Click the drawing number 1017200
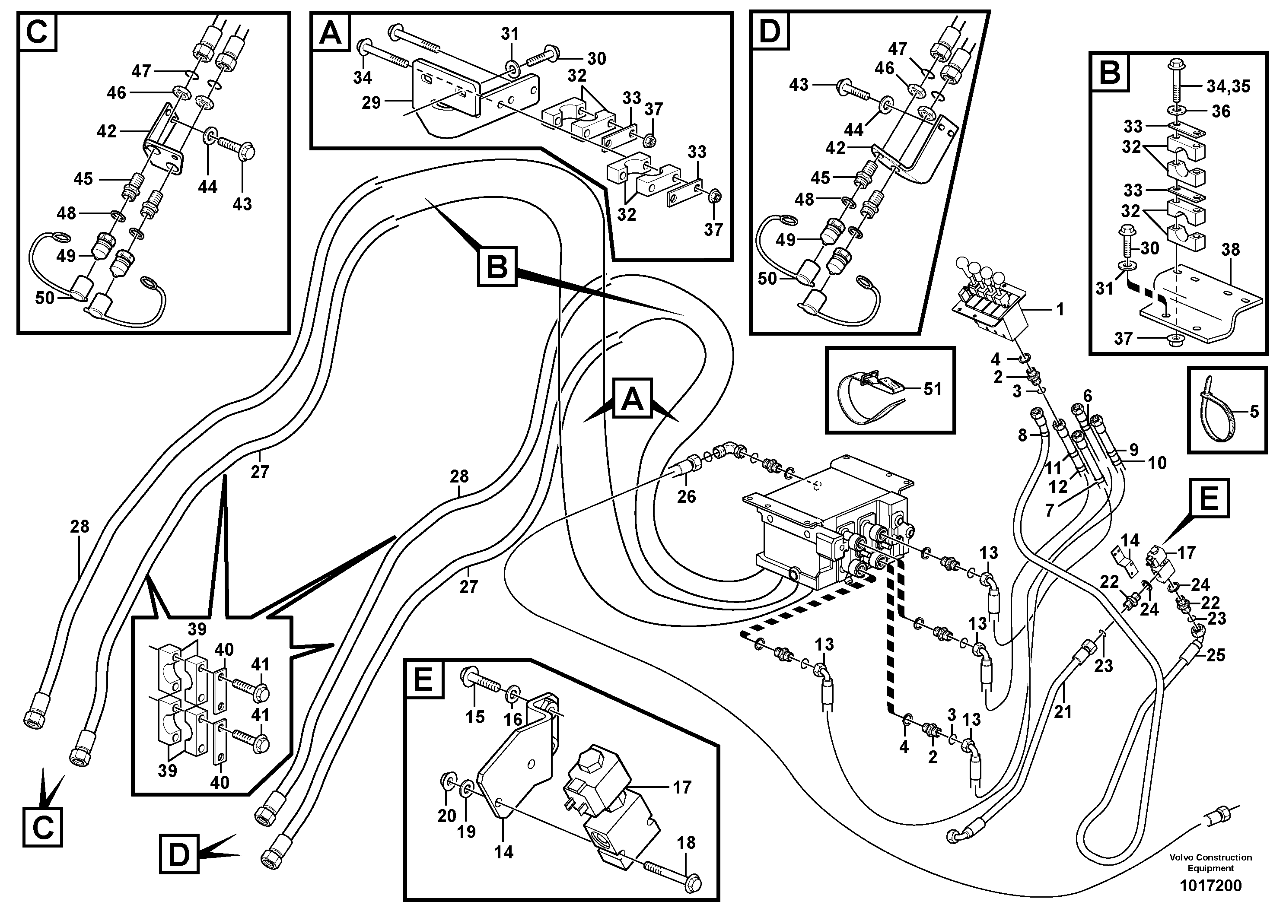point(1210,886)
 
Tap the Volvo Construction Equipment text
point(1210,863)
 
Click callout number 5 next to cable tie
point(1254,412)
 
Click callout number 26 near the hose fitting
point(686,496)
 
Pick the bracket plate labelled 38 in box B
point(1204,302)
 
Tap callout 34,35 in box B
point(1228,87)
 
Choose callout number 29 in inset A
point(371,102)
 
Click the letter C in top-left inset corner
point(37,32)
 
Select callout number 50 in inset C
point(45,298)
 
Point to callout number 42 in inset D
point(835,148)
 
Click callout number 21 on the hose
point(1063,711)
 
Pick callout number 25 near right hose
point(1216,654)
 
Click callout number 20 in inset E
point(446,816)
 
